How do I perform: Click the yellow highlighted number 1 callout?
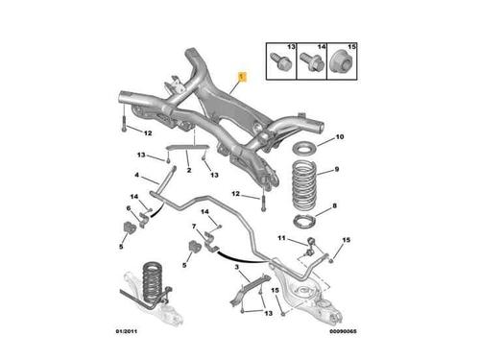click(242, 77)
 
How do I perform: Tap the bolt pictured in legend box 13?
click(281, 61)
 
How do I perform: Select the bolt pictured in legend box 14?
click(312, 61)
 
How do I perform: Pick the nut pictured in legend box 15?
click(342, 62)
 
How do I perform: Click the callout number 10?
click(340, 137)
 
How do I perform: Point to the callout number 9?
click(337, 169)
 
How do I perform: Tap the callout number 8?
click(334, 205)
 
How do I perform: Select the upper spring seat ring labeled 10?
click(305, 150)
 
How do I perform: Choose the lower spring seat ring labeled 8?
click(304, 221)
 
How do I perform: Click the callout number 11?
click(281, 238)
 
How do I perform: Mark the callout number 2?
click(189, 170)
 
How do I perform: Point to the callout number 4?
click(136, 175)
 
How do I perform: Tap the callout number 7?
click(194, 227)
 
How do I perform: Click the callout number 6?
click(129, 208)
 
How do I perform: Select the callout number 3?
click(236, 267)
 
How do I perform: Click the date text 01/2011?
click(127, 331)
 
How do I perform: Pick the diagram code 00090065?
click(343, 331)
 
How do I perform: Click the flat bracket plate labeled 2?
click(187, 147)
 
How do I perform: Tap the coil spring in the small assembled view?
click(152, 281)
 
